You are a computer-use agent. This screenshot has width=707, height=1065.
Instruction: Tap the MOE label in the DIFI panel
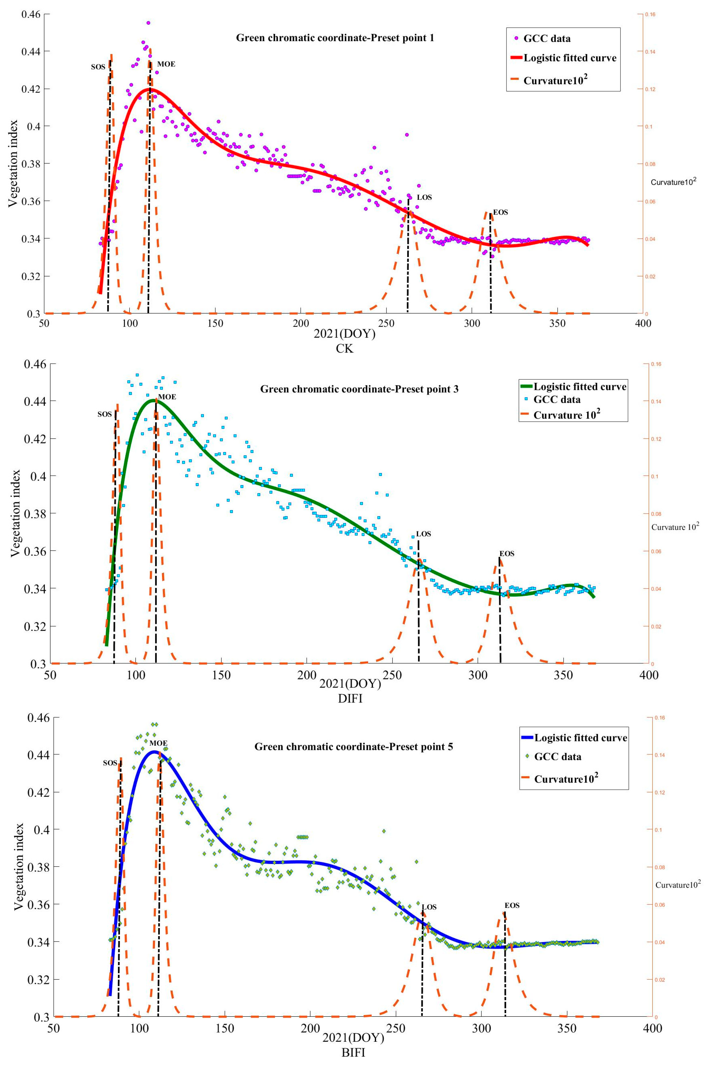pos(167,397)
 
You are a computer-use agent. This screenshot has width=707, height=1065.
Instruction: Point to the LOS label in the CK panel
pos(424,198)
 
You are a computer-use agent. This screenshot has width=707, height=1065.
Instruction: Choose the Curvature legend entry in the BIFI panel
pos(566,779)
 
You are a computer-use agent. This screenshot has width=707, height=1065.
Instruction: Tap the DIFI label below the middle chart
pos(350,699)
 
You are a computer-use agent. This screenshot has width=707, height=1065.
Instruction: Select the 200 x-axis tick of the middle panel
pos(307,675)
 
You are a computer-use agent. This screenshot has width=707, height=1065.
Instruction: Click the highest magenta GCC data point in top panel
pos(148,23)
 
